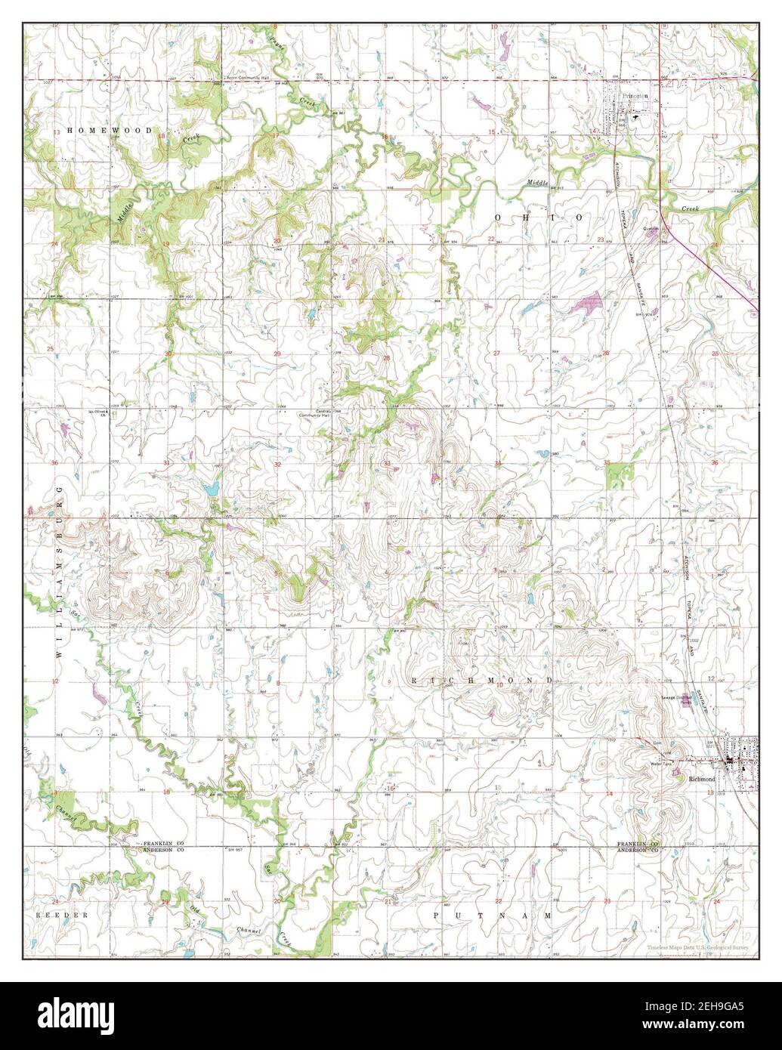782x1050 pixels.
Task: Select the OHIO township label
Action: [x=538, y=218]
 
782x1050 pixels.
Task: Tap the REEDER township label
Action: [x=63, y=915]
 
